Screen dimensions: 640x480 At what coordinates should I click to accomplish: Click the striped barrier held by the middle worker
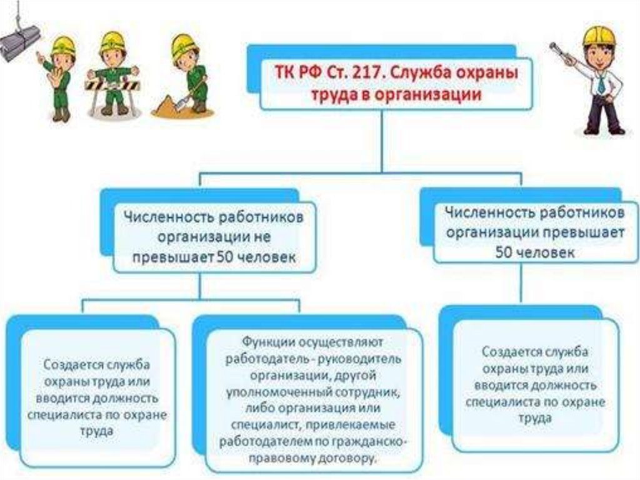pos(112,86)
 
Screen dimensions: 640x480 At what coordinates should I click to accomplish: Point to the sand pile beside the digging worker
pos(168,106)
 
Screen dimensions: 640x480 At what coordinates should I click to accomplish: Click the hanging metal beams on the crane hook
pos(18,42)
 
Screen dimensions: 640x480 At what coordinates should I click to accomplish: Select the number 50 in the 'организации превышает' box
pos(504,252)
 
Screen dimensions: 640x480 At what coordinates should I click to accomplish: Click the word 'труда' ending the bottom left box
pos(96,432)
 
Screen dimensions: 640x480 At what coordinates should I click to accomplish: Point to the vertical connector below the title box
pos(382,141)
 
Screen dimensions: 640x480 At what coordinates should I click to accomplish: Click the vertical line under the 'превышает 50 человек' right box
pos(521,283)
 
